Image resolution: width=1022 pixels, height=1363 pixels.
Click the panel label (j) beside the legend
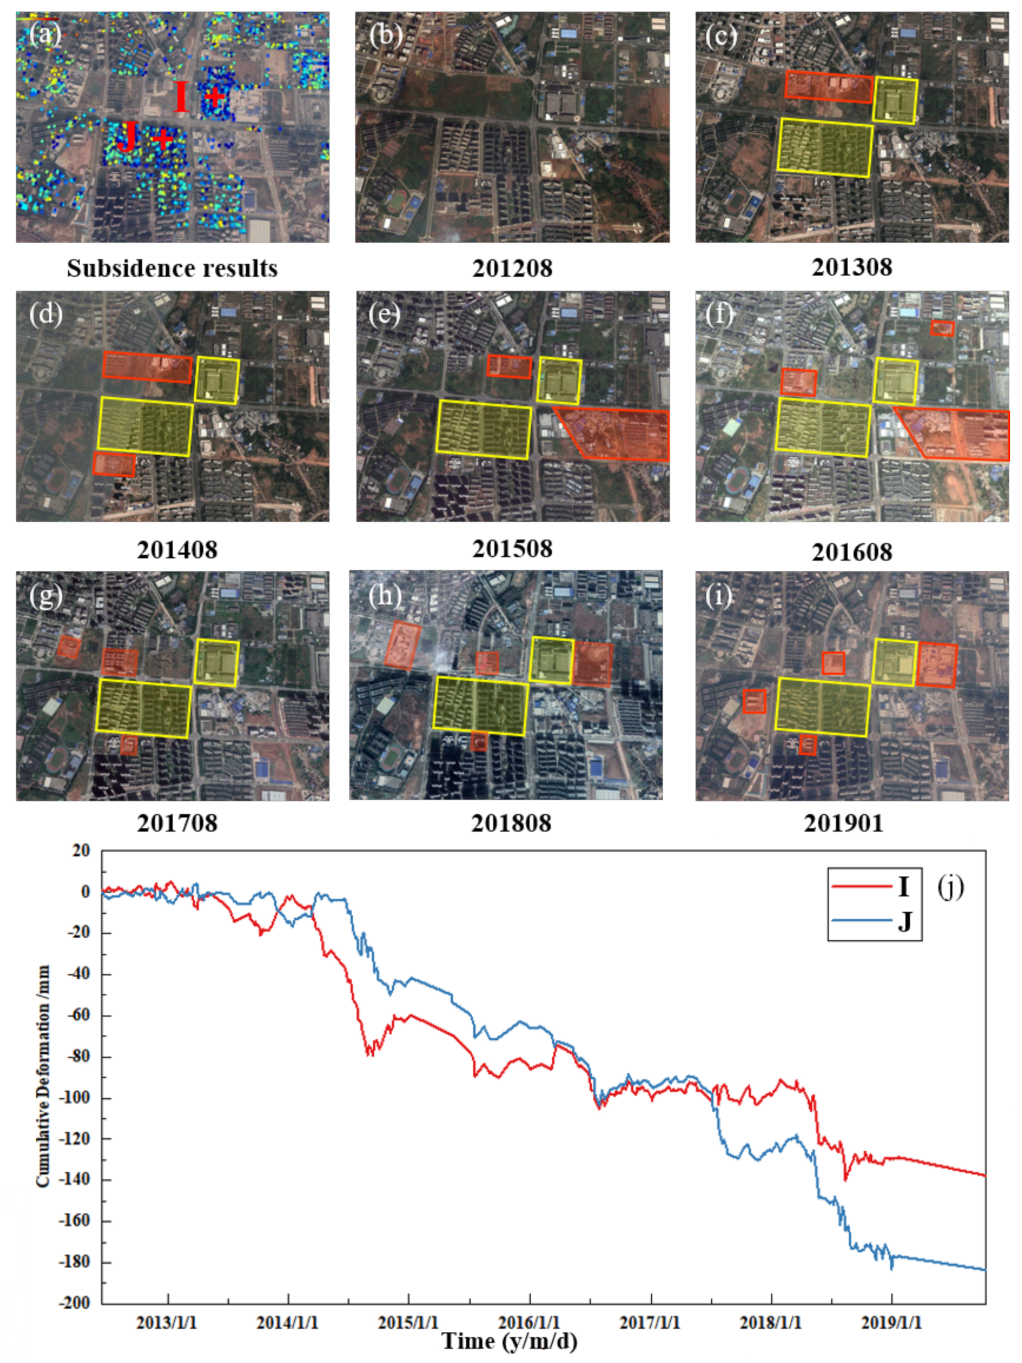coord(950,887)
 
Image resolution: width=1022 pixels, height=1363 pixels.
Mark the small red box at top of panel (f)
coord(942,328)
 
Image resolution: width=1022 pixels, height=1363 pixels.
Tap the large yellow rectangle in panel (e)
coord(483,429)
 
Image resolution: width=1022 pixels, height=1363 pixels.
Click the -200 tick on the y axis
coord(76,1303)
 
